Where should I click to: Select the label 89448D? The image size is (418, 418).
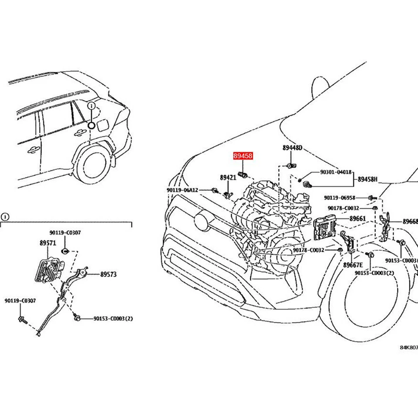coord(292,148)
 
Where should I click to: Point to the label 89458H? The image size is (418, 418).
coord(368,179)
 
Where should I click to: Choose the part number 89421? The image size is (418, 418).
coord(228,178)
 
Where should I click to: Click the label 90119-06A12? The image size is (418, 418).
coord(182,190)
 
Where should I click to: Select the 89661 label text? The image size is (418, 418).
coord(357,219)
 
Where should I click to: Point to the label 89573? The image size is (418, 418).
coord(108,274)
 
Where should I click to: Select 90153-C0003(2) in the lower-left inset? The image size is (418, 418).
coord(113,319)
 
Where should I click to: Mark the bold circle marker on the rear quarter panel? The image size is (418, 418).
coord(91,126)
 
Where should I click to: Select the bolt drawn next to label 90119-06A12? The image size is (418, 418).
coord(215,190)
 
